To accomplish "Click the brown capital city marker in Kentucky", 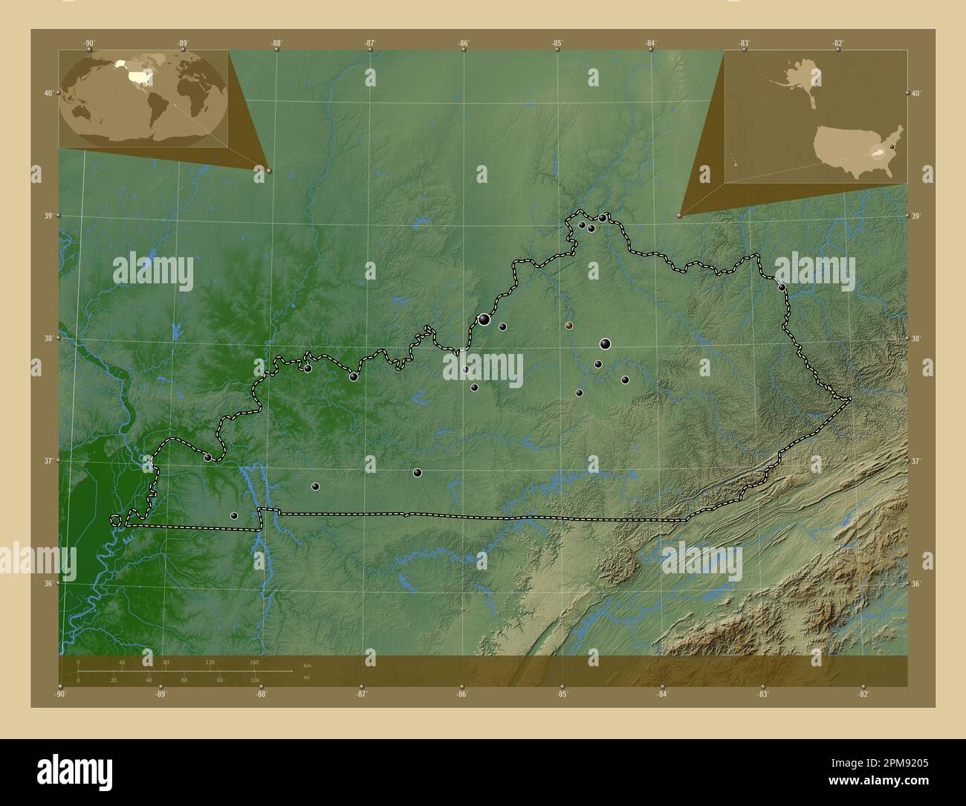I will pos(568,325).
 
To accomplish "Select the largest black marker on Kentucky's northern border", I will pos(484,319).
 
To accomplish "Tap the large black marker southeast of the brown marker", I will pos(605,344).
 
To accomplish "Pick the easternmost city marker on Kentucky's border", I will pos(782,287).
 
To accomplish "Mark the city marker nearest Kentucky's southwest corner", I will pos(233,515).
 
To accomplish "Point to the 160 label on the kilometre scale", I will pos(254,662).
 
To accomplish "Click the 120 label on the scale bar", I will pos(210,662).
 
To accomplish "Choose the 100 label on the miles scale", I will pos(255,680).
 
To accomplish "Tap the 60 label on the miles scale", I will pos(184,680).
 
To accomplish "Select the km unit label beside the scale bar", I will pos(307,663).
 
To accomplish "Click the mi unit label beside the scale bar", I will pos(306,678).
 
